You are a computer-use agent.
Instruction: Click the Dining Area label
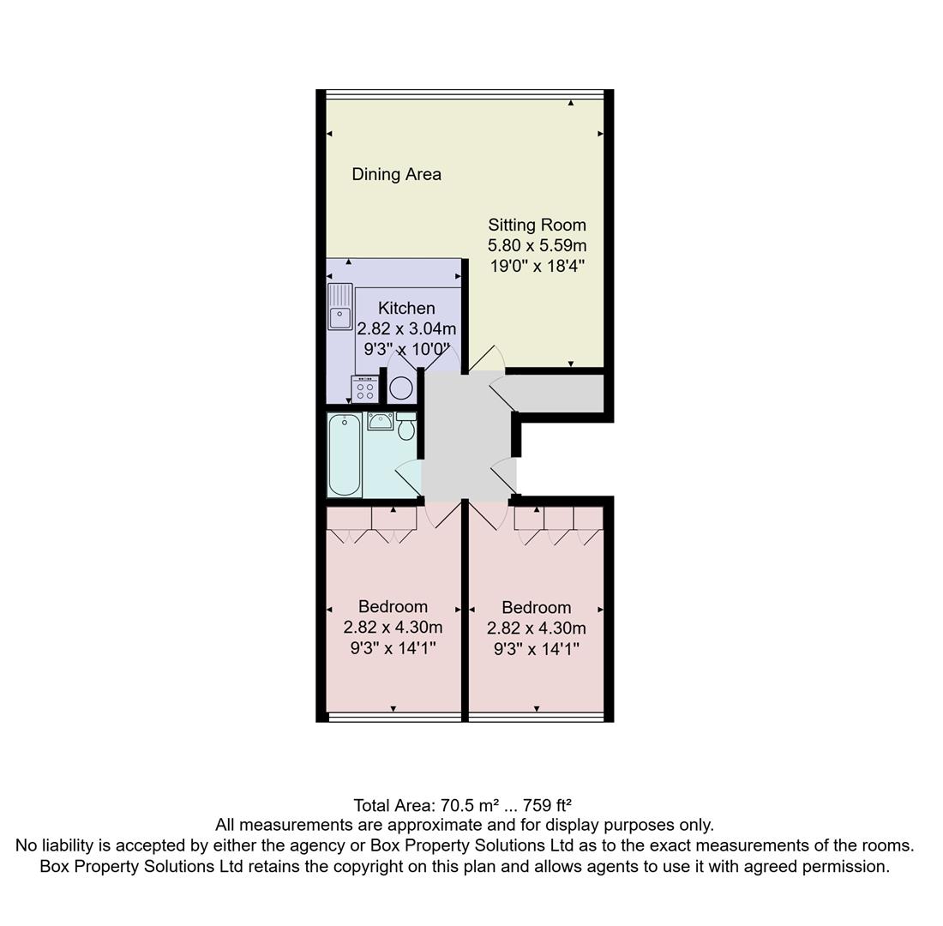[396, 174]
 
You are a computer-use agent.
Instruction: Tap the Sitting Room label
[537, 225]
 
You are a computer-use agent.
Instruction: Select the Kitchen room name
[406, 308]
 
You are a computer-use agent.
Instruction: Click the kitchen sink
[340, 307]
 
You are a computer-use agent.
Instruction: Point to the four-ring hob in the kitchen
[364, 390]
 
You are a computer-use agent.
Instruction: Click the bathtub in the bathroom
[344, 454]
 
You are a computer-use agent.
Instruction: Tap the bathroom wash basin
[381, 421]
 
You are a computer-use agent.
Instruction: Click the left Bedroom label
[393, 606]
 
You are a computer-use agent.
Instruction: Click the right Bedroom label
[536, 607]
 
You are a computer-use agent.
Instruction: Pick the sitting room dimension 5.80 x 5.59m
[537, 245]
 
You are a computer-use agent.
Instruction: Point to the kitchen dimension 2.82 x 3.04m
[406, 328]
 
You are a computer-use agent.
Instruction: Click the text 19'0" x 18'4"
[537, 266]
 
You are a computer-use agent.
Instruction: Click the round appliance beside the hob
[400, 388]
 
